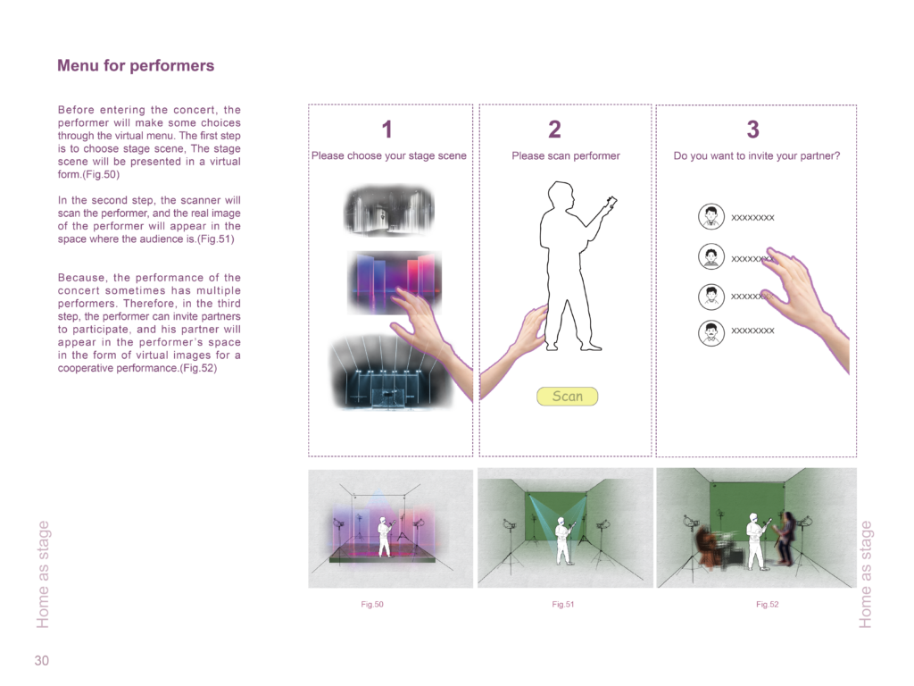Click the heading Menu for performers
(x=136, y=65)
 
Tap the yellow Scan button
(x=567, y=397)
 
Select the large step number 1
(x=387, y=130)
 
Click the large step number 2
(x=555, y=130)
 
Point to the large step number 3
(x=753, y=130)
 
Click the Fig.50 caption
(x=372, y=605)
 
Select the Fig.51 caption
(x=563, y=605)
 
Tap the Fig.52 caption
(x=767, y=605)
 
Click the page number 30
(x=41, y=660)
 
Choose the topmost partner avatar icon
(x=711, y=216)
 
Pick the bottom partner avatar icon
(x=711, y=333)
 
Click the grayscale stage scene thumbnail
(x=389, y=211)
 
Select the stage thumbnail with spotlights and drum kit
(x=389, y=372)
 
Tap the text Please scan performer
(x=565, y=155)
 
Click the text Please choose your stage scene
(x=389, y=155)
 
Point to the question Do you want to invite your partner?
(x=757, y=155)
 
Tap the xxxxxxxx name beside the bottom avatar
(x=752, y=330)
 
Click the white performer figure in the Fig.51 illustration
(x=564, y=540)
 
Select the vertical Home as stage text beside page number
(x=43, y=574)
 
